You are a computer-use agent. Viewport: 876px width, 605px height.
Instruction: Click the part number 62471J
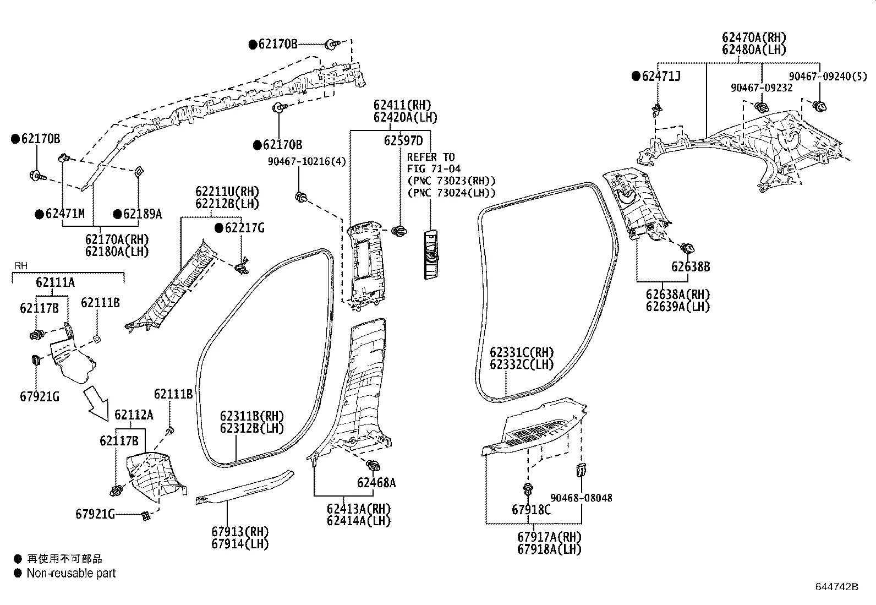click(661, 77)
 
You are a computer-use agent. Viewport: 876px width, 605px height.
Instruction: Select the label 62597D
click(403, 141)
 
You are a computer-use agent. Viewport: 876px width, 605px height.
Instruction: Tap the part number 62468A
click(376, 483)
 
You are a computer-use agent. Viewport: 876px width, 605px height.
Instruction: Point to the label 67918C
click(530, 510)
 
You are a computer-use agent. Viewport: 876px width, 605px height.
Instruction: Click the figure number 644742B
click(837, 587)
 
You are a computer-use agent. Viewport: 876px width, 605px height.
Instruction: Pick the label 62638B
click(690, 267)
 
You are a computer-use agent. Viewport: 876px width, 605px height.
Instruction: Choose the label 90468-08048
click(581, 498)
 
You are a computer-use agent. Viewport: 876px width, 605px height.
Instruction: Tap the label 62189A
click(142, 214)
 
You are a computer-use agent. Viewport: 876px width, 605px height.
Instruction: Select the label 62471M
click(64, 214)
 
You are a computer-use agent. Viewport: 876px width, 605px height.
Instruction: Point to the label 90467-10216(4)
click(307, 161)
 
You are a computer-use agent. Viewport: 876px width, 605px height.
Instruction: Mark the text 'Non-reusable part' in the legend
click(71, 573)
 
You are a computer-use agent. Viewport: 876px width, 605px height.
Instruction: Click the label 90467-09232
click(762, 88)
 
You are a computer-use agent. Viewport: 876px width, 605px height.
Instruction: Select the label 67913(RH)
click(240, 532)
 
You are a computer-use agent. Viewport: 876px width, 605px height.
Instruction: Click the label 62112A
click(134, 415)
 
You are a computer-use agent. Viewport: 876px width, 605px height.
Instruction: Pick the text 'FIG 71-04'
click(434, 169)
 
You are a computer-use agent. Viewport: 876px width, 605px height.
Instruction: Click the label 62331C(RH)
click(522, 352)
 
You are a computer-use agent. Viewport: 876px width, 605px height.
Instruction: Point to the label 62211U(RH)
click(227, 192)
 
